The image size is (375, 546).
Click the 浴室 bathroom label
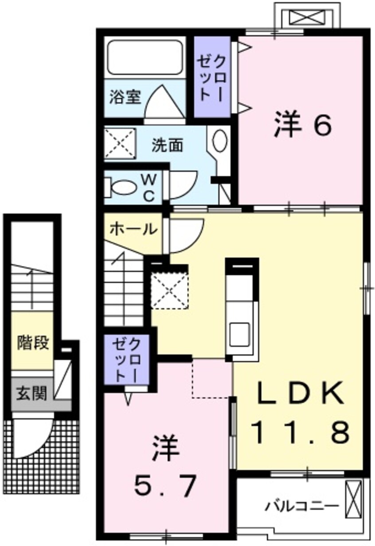pyautogui.click(x=125, y=97)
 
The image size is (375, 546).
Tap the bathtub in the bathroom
pyautogui.click(x=145, y=58)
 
